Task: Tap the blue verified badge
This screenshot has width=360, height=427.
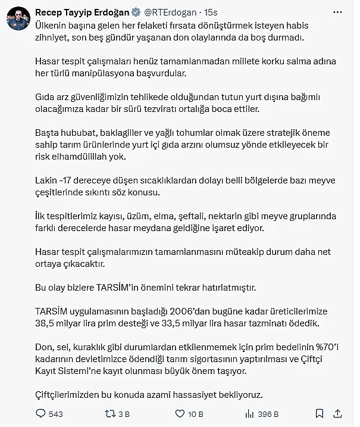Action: pos(135,12)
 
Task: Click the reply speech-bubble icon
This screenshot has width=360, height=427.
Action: pos(40,413)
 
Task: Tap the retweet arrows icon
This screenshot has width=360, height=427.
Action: pos(109,413)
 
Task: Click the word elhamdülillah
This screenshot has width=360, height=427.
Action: pos(88,157)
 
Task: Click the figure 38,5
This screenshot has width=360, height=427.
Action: pos(46,323)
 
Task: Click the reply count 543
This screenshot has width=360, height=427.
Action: pos(57,413)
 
